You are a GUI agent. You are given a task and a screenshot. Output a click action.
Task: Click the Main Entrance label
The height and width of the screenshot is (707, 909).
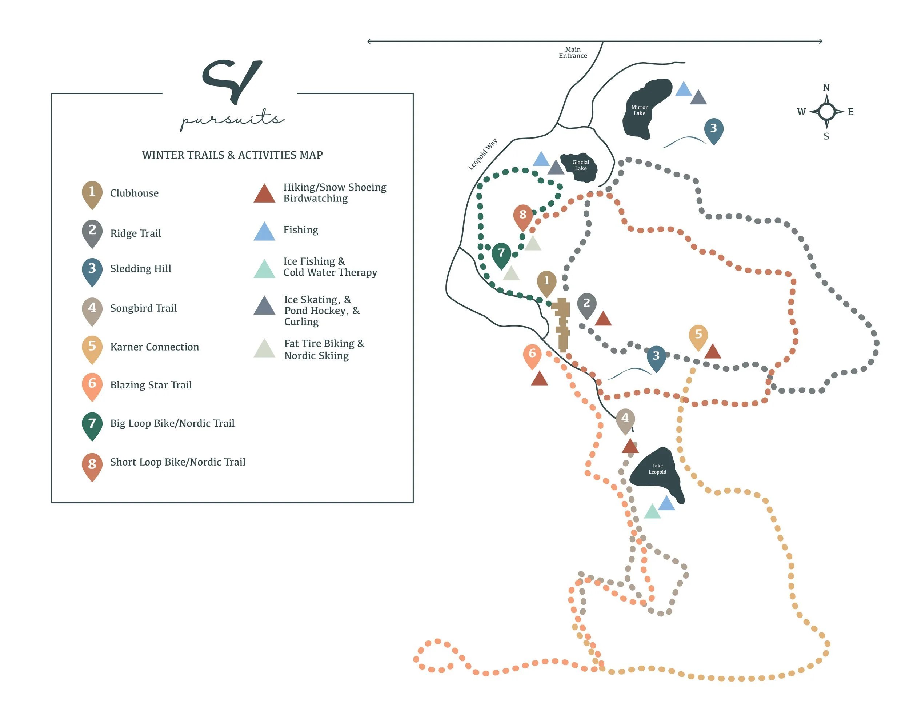click(573, 52)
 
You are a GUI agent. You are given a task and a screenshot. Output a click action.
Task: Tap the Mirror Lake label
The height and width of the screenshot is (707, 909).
click(639, 110)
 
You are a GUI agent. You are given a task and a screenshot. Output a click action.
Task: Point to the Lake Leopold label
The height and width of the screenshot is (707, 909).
click(657, 469)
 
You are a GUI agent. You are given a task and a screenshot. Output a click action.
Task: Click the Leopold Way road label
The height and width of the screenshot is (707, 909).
click(482, 155)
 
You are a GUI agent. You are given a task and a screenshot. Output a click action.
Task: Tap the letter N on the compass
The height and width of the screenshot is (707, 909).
click(826, 87)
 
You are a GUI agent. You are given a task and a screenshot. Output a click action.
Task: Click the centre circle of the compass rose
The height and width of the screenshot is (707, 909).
click(826, 112)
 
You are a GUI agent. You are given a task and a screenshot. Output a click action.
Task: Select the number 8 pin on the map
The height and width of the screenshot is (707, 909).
click(523, 215)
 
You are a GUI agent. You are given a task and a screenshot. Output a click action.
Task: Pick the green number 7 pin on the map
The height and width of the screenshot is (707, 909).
click(501, 253)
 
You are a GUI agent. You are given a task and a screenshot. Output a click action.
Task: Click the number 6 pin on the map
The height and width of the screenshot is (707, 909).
click(532, 354)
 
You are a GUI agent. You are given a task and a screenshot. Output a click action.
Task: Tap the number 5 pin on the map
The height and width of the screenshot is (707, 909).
click(698, 335)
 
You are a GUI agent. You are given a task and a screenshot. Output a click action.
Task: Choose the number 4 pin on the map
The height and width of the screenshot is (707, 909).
click(625, 419)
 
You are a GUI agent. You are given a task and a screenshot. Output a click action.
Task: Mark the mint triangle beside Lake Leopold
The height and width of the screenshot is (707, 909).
click(652, 512)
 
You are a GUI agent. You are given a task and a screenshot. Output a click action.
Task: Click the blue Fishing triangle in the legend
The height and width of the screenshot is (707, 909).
click(264, 232)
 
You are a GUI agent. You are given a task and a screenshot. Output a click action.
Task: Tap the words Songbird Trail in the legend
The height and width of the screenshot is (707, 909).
click(143, 308)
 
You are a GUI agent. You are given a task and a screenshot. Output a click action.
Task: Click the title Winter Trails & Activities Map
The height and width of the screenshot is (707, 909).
click(232, 155)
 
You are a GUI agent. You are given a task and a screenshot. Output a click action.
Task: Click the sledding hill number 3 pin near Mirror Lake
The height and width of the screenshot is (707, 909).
click(713, 129)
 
